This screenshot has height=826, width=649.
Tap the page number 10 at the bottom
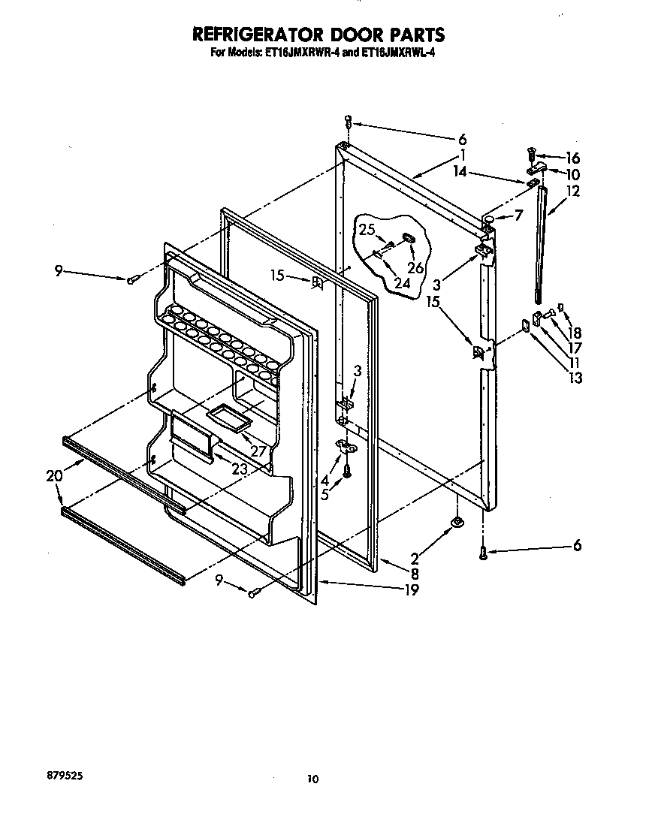(x=312, y=779)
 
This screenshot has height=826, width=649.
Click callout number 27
(x=260, y=452)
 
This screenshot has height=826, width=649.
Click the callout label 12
(x=573, y=191)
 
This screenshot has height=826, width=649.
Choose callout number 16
(x=573, y=158)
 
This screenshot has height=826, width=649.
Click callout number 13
(x=575, y=378)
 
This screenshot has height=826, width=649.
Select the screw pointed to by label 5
(x=347, y=471)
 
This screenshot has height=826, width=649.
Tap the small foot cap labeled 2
(x=455, y=522)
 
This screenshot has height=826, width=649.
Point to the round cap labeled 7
(x=488, y=219)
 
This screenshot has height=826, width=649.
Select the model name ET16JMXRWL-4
(x=395, y=53)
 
